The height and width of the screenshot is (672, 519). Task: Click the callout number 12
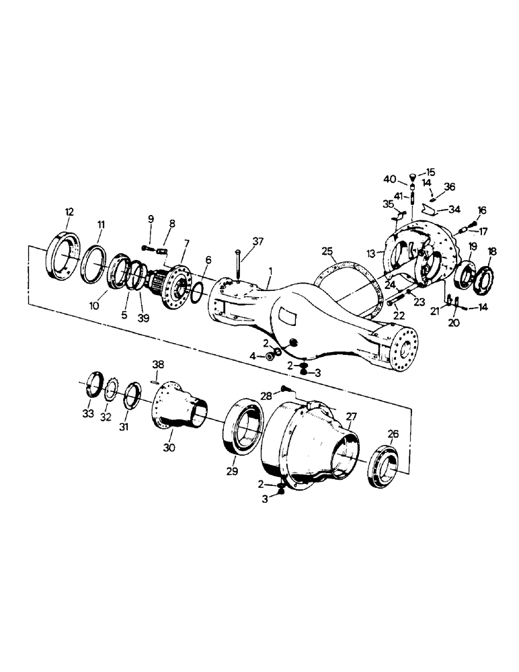click(x=69, y=212)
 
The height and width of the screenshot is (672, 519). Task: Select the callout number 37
click(x=258, y=241)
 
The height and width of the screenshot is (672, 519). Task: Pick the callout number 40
click(x=389, y=179)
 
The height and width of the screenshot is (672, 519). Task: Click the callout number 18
click(x=492, y=251)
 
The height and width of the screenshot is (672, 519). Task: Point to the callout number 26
click(x=393, y=434)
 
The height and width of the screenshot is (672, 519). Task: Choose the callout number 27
click(x=350, y=417)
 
